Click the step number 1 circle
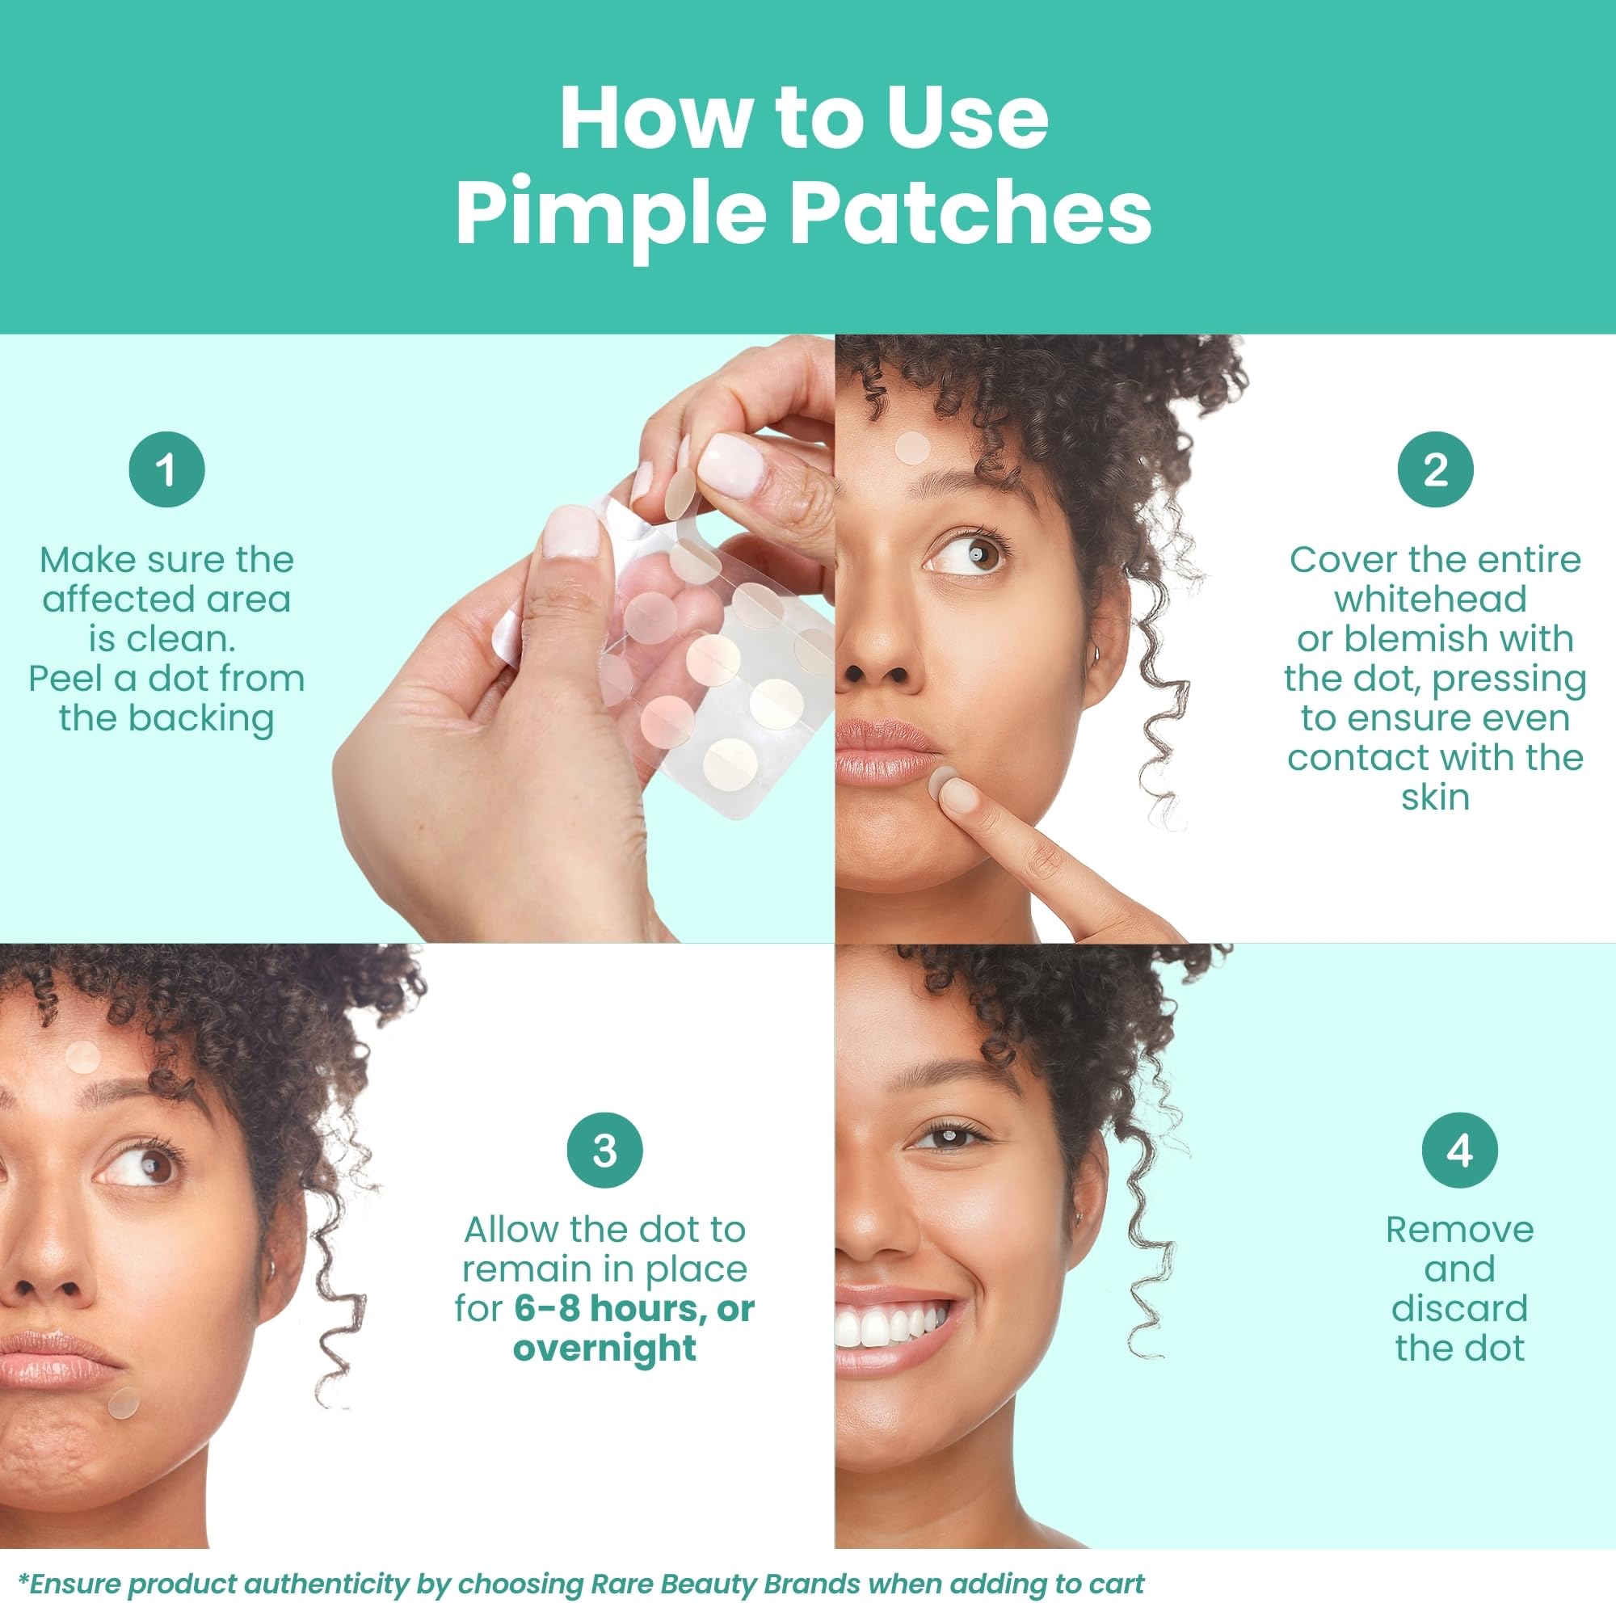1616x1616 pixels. (x=166, y=469)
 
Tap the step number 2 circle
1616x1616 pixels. (x=1435, y=469)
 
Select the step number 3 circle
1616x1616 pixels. (x=604, y=1151)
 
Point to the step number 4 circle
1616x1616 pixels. (x=1459, y=1151)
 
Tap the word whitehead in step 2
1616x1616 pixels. (x=1434, y=599)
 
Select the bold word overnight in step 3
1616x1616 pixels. (x=604, y=1349)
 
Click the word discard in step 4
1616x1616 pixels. (x=1459, y=1308)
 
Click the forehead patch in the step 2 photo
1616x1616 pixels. (x=911, y=448)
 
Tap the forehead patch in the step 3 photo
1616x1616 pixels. (x=82, y=1057)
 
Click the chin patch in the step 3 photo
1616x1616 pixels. (x=124, y=1403)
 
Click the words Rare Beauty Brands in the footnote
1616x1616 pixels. (x=726, y=1584)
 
